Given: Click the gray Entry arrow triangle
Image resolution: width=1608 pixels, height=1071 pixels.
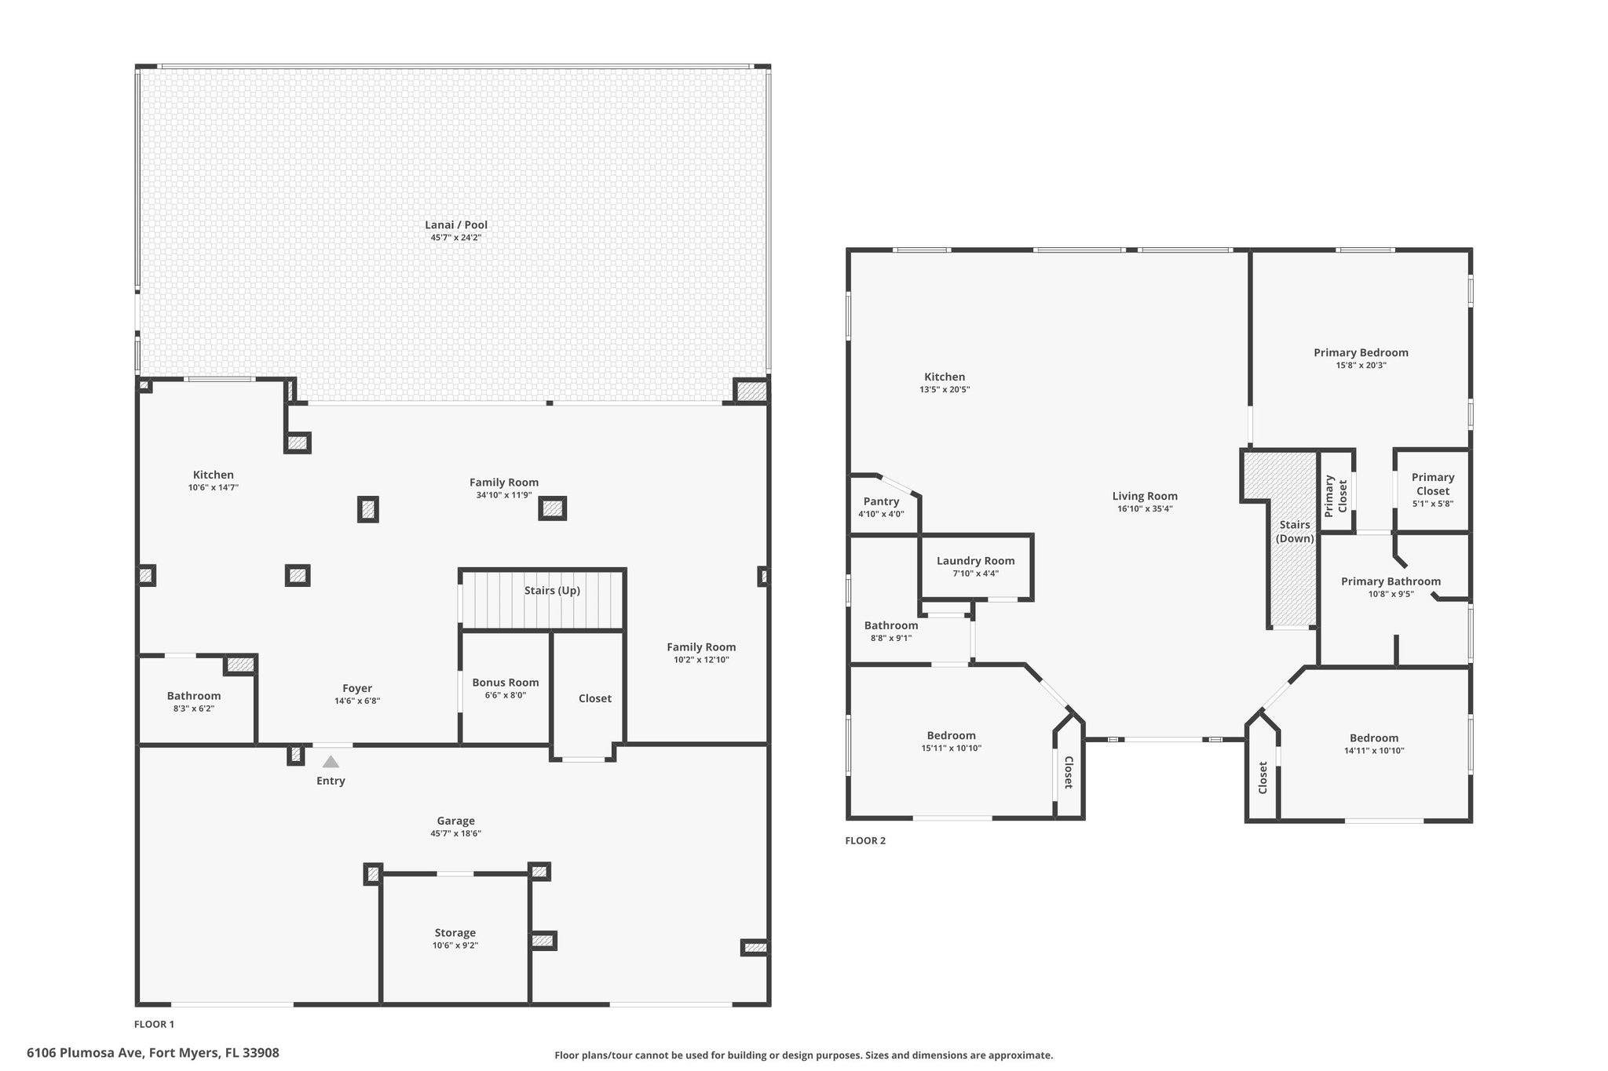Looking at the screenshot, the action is [331, 761].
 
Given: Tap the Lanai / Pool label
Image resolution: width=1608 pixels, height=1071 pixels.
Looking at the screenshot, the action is [456, 224].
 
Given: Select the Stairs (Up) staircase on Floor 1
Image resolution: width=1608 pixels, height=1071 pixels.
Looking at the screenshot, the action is [542, 600].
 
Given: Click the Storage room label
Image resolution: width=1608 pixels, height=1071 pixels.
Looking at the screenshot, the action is [455, 933].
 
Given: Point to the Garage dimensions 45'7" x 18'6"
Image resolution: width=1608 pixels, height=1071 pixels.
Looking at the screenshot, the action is [455, 833].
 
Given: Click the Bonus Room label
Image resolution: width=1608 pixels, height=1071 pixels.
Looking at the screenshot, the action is [506, 683].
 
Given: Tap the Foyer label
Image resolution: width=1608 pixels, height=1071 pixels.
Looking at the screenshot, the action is [357, 688].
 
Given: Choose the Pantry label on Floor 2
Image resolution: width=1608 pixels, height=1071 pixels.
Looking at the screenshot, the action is [882, 501].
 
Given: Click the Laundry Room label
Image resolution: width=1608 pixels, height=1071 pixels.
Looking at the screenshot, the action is [976, 561].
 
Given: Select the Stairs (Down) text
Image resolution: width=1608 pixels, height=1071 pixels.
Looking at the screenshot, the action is [1295, 531].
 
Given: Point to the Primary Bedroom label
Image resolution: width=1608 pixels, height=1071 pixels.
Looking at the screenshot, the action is [1361, 353].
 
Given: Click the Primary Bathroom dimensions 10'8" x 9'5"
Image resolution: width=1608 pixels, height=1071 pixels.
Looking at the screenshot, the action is [1391, 594].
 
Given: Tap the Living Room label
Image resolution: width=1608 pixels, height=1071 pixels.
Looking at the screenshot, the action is [1146, 496].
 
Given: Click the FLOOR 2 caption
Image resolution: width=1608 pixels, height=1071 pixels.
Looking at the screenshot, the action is [865, 840].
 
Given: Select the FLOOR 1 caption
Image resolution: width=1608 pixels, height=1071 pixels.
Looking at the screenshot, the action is [155, 1024].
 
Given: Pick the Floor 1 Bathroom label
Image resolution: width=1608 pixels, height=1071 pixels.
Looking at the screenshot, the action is [194, 696].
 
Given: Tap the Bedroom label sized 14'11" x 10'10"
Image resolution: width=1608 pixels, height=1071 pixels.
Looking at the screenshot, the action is [1374, 738].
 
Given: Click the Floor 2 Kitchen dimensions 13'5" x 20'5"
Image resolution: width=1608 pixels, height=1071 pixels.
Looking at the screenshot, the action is [945, 389].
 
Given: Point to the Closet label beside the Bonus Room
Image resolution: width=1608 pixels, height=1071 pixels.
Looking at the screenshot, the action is [595, 698].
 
